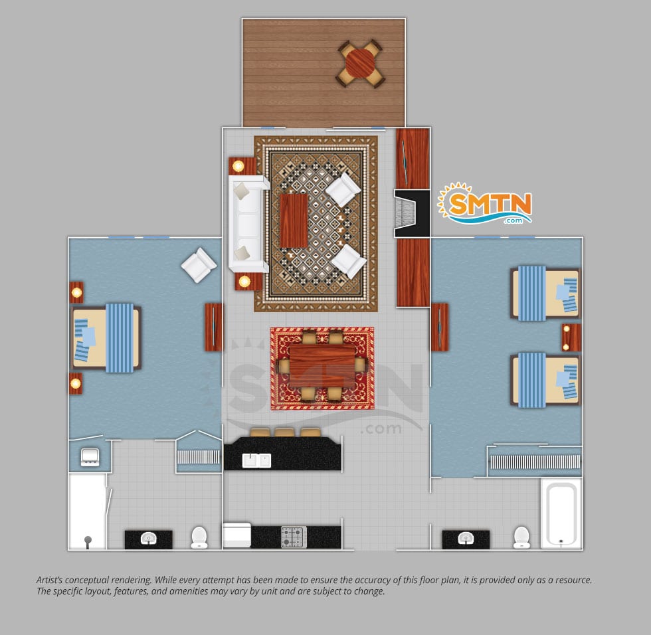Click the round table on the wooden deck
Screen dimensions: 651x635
point(360,64)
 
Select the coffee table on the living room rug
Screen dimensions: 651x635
point(294,221)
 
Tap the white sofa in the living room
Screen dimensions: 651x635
point(248,224)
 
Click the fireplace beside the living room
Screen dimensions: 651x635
point(411,214)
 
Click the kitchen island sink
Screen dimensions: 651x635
point(256,460)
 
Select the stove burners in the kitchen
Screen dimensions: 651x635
point(294,537)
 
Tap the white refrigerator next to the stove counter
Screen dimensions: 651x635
point(236,535)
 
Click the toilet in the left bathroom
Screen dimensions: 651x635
point(199,537)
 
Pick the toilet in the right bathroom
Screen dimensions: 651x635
point(521,537)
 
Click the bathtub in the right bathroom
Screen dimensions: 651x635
point(561,514)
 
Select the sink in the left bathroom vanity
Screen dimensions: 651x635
point(148,539)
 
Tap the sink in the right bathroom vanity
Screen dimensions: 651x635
point(466,539)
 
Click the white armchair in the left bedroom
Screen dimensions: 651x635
point(199,265)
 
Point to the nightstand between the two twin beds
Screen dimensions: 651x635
point(571,337)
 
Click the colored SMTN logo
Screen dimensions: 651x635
point(485,203)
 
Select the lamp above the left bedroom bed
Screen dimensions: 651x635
point(76,293)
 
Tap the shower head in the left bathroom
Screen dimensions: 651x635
point(88,541)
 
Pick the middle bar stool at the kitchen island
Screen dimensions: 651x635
point(284,432)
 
